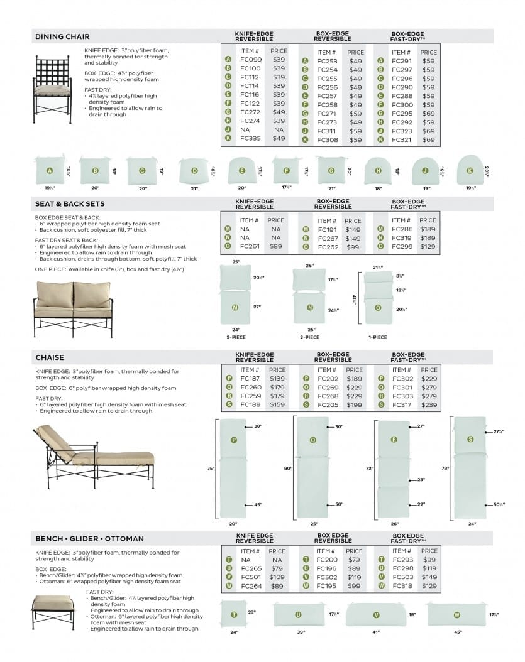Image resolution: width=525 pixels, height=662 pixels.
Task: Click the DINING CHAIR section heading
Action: [62, 36]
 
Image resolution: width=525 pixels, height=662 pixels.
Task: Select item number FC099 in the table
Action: [250, 60]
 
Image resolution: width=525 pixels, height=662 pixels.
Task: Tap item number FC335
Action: [250, 138]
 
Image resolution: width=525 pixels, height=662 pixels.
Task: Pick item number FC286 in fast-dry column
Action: [402, 229]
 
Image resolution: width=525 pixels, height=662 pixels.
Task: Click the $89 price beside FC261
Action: [275, 247]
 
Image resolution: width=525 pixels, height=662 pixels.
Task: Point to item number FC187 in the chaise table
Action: [250, 379]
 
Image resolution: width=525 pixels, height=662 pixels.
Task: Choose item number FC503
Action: [402, 577]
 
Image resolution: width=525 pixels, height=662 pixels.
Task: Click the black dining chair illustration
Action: [53, 89]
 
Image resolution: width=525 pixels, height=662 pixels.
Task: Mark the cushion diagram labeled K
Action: [468, 170]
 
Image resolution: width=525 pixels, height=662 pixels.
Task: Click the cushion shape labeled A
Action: [50, 170]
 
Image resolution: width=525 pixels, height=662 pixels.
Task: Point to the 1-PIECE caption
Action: [377, 337]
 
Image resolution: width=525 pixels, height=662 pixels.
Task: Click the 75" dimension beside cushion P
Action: [211, 469]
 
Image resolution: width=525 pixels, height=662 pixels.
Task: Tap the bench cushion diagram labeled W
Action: [456, 615]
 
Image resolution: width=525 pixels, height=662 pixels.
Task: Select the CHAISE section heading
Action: [50, 357]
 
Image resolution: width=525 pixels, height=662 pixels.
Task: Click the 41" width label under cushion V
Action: [376, 632]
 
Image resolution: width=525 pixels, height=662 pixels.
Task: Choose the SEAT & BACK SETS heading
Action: [70, 204]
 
